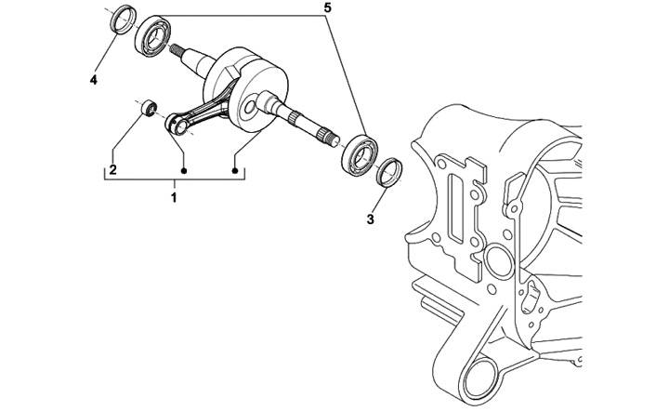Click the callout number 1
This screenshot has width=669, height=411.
[x=173, y=196]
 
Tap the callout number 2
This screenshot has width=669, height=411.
[x=112, y=170]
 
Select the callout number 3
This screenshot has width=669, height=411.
[x=370, y=219]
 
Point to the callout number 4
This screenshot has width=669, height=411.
[x=94, y=81]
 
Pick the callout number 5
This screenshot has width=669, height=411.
[x=325, y=7]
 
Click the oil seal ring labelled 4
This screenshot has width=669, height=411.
[x=120, y=20]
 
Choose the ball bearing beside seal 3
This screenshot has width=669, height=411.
[x=360, y=153]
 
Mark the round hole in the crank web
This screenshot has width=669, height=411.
[x=247, y=110]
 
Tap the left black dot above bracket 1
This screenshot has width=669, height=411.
[x=185, y=170]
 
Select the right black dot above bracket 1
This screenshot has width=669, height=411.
[x=235, y=170]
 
